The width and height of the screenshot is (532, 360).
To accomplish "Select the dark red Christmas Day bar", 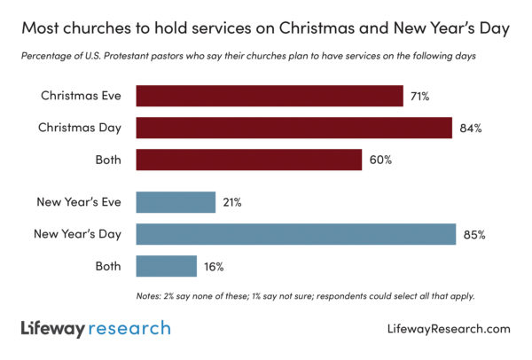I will click(293, 128).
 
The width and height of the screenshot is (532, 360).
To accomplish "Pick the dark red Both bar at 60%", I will click(248, 160).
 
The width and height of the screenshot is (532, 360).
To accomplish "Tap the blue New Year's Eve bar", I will click(176, 202).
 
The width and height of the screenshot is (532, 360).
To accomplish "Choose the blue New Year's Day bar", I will click(295, 234).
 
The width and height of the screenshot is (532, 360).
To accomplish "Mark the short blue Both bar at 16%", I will click(166, 266).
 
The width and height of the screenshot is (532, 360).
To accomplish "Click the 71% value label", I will click(419, 96).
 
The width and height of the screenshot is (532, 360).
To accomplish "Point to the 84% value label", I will click(470, 128).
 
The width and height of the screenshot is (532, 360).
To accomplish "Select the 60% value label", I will click(380, 160).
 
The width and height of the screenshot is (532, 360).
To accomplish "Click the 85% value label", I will click(473, 234).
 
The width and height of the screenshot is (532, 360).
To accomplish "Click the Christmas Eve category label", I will click(82, 96).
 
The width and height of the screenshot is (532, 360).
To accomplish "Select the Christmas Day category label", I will click(80, 128).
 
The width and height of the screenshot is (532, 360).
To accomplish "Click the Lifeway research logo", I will click(96, 328).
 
